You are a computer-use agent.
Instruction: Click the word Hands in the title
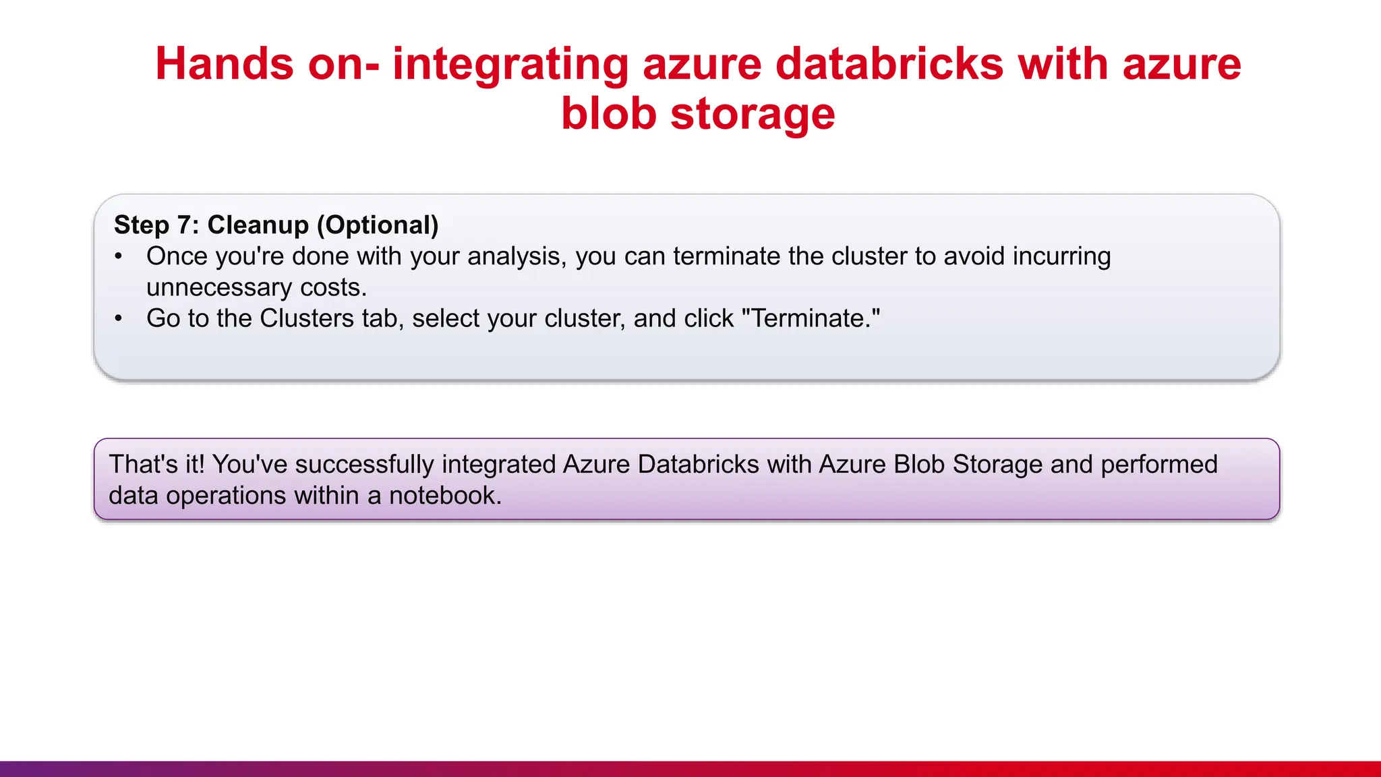click(225, 64)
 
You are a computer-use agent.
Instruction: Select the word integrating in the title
click(510, 65)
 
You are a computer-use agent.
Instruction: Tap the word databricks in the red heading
click(889, 64)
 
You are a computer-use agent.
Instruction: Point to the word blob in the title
click(608, 113)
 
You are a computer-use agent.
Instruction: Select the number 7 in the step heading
click(184, 225)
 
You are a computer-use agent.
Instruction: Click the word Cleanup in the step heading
click(258, 225)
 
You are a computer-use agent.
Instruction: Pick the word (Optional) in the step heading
click(378, 225)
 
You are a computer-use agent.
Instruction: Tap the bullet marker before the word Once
click(119, 256)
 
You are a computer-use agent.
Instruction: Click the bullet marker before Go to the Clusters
click(119, 318)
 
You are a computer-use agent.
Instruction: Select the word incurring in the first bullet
click(1061, 257)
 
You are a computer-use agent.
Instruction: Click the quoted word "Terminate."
click(811, 318)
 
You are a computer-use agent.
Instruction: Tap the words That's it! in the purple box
click(156, 465)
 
